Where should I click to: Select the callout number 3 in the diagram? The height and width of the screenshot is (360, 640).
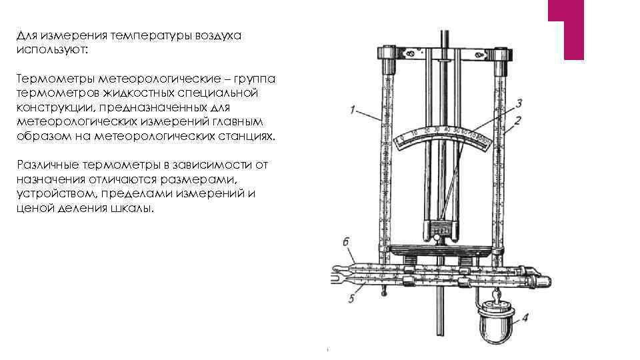pos(519,103)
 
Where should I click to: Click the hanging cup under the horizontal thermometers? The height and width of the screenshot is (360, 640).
pos(495,323)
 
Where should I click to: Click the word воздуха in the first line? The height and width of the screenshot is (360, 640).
pos(217,36)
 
